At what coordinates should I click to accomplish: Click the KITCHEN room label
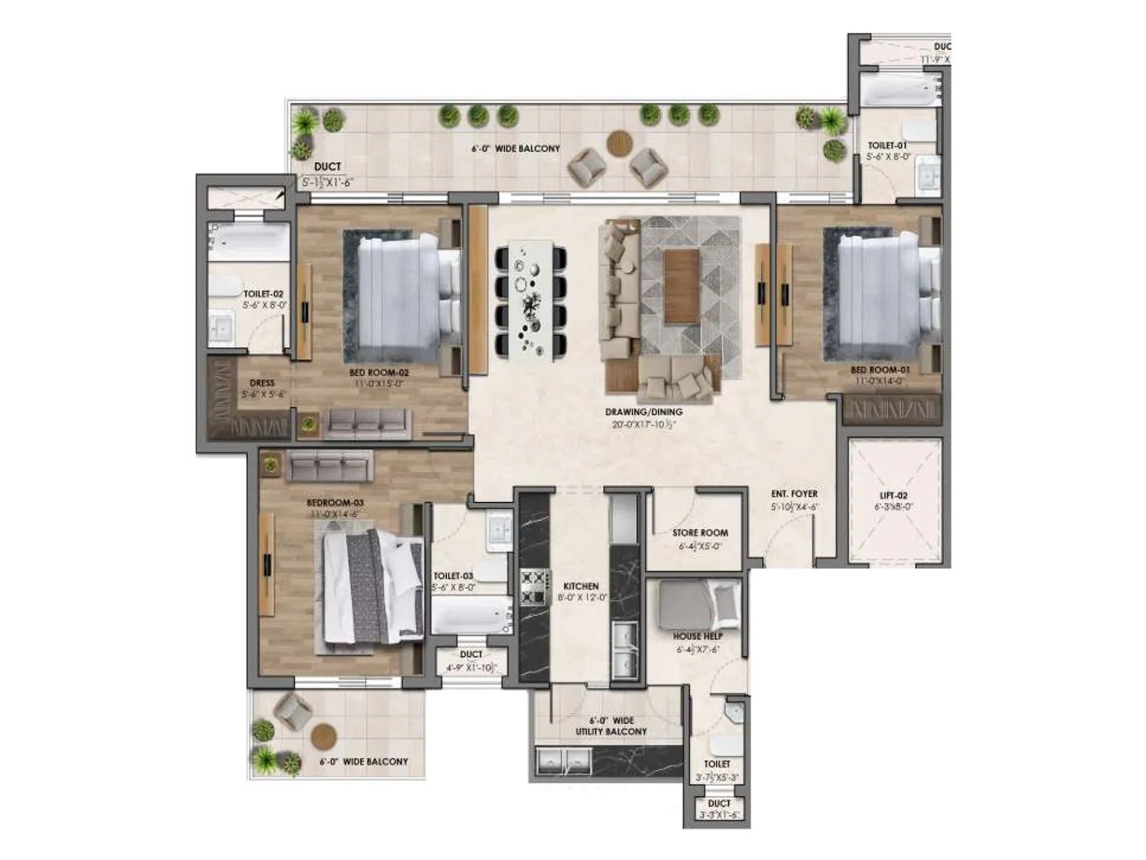580,586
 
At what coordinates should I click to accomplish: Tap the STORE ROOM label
700,532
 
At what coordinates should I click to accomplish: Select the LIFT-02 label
895,496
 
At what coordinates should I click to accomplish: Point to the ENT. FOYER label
794,494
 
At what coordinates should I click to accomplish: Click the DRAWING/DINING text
643,412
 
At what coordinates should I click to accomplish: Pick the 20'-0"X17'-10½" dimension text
643,424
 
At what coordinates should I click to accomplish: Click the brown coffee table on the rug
682,287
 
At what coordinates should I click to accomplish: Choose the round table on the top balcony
620,144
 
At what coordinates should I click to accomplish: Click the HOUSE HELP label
698,636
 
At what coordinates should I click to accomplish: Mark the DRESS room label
262,382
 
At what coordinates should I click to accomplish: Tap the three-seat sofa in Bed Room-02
366,421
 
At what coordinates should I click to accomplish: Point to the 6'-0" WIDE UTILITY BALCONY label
611,726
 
